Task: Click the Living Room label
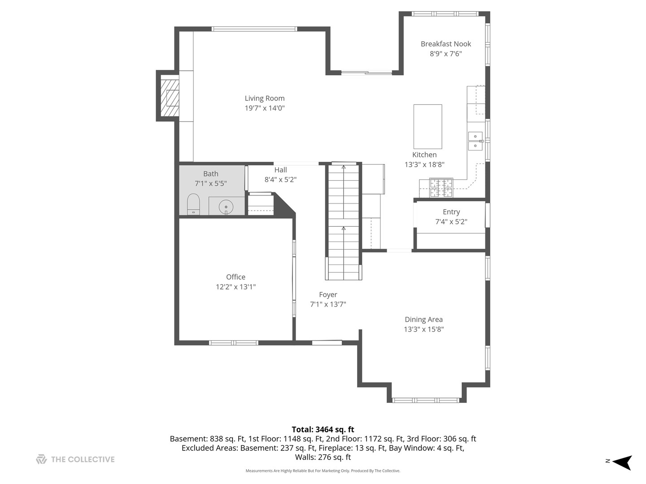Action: tap(265, 98)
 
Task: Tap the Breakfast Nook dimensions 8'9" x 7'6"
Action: tap(445, 53)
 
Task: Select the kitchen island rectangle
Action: tap(428, 126)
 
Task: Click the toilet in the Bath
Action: tap(193, 204)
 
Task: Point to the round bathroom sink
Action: tap(226, 207)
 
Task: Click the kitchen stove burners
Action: tap(441, 188)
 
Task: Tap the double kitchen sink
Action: tap(475, 141)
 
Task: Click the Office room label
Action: tap(236, 277)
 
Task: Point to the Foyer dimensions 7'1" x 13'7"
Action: tap(328, 304)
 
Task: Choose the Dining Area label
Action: tap(423, 320)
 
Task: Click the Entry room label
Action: tap(451, 212)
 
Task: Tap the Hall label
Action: tap(280, 169)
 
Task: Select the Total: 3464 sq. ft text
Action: tap(323, 429)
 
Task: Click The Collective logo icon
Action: tap(41, 459)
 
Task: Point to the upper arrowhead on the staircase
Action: tap(344, 167)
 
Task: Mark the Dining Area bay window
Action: tap(426, 400)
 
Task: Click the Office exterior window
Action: tap(234, 343)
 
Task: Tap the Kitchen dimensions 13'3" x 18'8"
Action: tap(424, 164)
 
